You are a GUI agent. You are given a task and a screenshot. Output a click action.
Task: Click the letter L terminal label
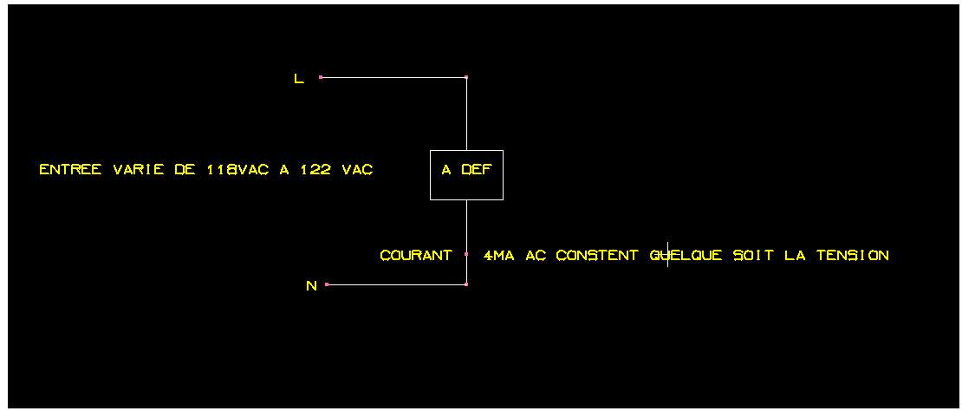pos(299,79)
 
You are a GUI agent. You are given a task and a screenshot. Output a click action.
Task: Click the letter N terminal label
pos(311,286)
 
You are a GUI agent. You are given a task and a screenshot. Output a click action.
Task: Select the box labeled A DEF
pos(466,175)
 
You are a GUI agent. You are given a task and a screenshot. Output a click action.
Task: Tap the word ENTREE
pos(70,170)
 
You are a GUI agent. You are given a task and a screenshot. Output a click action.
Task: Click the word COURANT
pos(416,256)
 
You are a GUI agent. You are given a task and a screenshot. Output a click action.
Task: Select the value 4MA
pos(500,256)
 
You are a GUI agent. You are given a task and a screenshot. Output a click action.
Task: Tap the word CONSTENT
pos(597,256)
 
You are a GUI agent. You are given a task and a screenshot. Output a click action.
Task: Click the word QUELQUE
pos(686,256)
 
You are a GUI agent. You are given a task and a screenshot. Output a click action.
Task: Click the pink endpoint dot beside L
pos(321,77)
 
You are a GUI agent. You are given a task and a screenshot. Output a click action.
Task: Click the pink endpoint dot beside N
pos(327,284)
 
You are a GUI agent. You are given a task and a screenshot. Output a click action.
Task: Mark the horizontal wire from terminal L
pos(393,77)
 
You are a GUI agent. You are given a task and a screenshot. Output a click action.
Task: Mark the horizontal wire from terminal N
pos(397,284)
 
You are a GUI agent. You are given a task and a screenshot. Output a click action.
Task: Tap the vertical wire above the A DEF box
pos(466,114)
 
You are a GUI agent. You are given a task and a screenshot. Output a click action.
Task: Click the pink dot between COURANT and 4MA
pos(466,255)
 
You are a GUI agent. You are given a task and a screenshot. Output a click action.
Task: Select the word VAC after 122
pos(357,170)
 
